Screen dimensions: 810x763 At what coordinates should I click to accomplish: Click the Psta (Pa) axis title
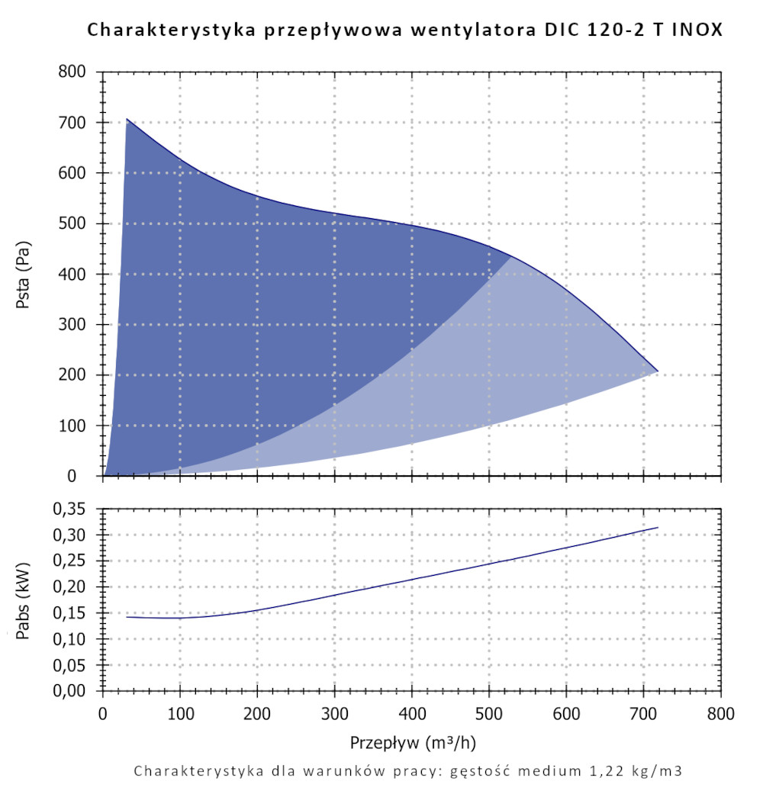click(x=24, y=274)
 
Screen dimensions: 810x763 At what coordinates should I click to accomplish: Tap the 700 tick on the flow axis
click(x=643, y=715)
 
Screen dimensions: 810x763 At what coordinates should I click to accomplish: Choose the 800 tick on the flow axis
click(x=720, y=715)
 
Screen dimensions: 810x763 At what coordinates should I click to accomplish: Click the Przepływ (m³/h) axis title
click(x=412, y=742)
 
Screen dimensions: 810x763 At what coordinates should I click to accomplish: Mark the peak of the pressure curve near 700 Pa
click(x=127, y=119)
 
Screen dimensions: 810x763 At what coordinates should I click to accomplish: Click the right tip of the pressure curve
click(x=657, y=371)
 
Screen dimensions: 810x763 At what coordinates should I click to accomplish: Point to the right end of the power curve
click(x=657, y=528)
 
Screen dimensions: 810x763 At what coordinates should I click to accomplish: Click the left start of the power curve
click(x=127, y=616)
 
